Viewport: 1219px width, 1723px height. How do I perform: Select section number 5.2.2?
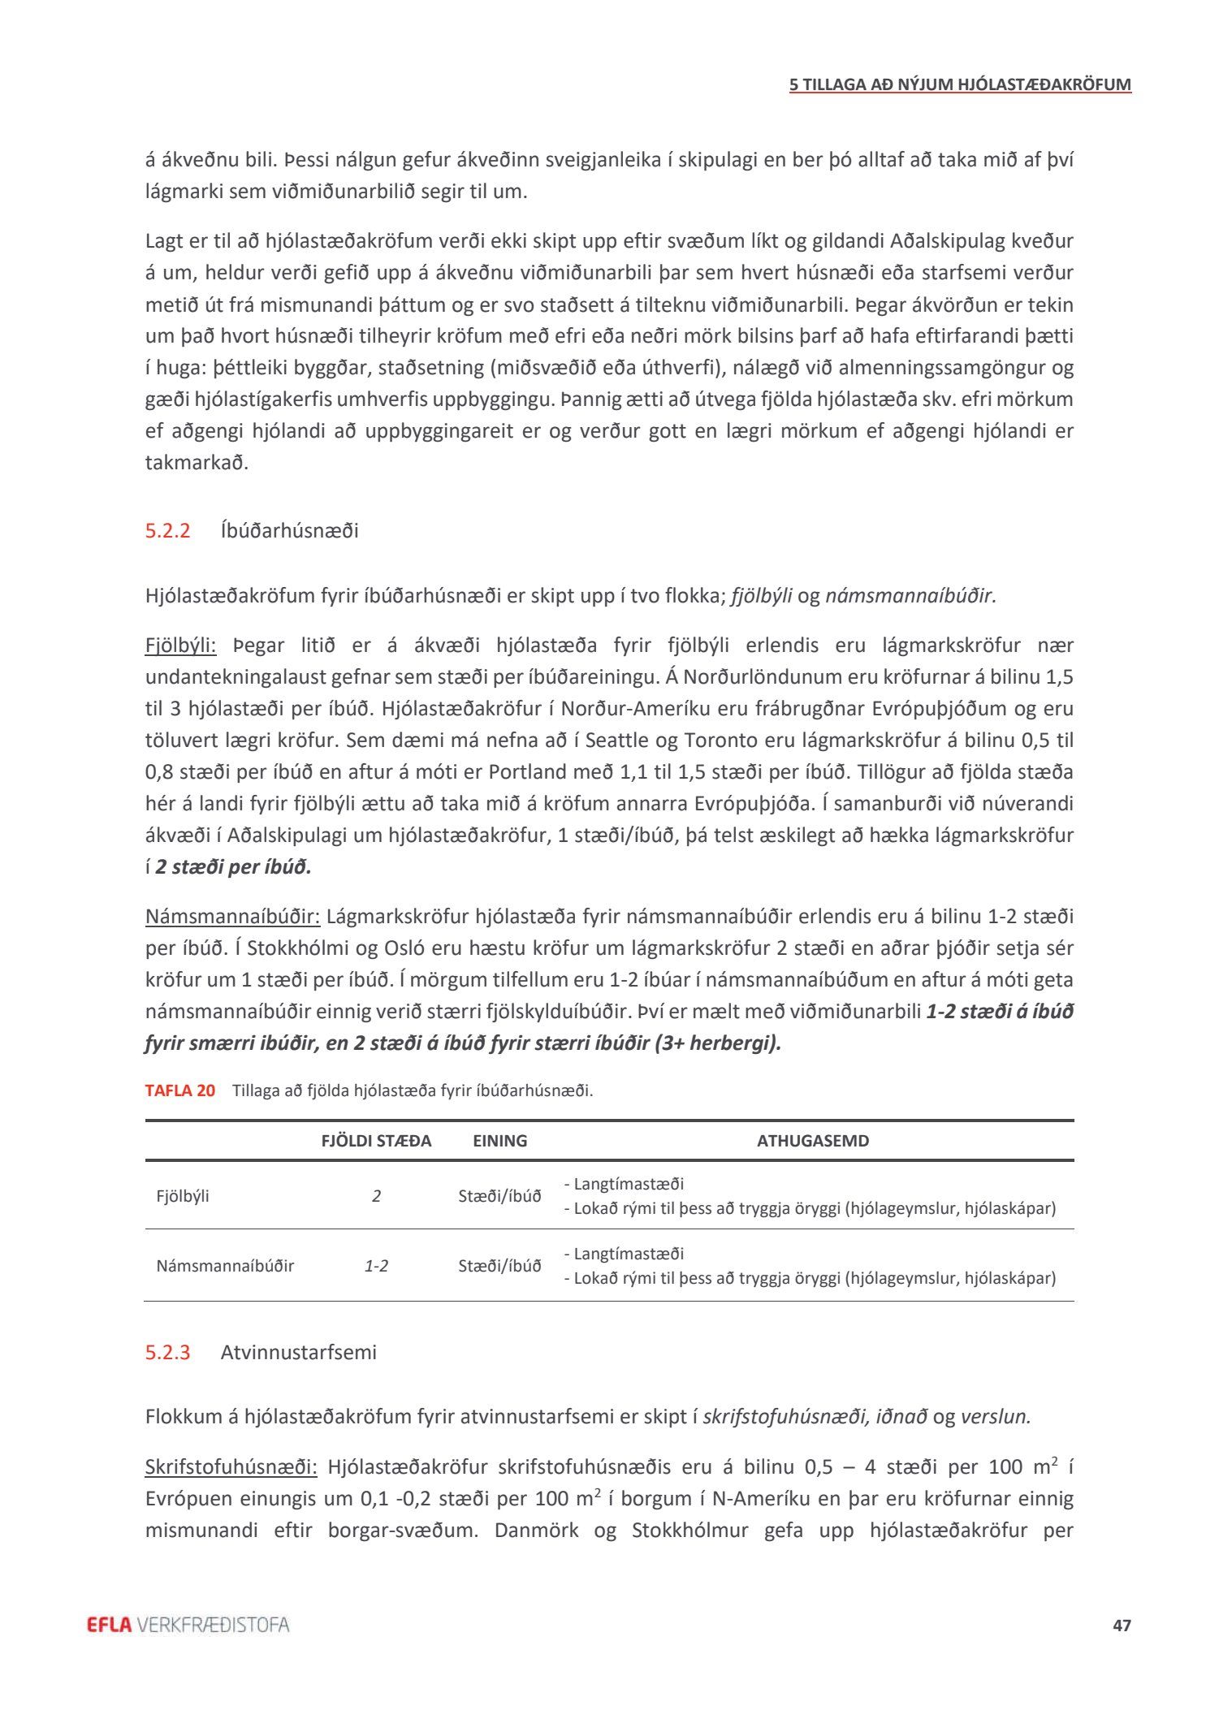click(x=167, y=531)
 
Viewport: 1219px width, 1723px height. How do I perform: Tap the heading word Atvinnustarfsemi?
click(x=298, y=1353)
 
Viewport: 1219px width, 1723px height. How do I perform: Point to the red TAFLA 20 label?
click(x=180, y=1090)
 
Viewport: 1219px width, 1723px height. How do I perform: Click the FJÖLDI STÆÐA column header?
click(x=376, y=1141)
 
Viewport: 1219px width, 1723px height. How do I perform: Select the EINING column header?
click(x=499, y=1141)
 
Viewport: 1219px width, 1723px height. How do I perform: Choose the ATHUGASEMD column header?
click(x=812, y=1141)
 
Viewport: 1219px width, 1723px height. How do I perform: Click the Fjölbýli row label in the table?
click(x=183, y=1196)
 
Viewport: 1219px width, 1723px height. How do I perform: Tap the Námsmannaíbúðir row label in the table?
click(x=225, y=1266)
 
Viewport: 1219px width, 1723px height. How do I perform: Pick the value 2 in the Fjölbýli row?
click(x=376, y=1196)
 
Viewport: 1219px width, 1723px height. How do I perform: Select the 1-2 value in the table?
click(x=376, y=1266)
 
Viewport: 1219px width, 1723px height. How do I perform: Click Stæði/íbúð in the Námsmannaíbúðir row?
click(x=499, y=1266)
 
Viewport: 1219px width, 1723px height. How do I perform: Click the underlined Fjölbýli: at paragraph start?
click(x=180, y=646)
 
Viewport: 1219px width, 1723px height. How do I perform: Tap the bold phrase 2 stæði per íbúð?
click(x=233, y=867)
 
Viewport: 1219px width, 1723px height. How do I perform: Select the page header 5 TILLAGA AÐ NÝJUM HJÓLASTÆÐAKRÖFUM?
click(x=960, y=84)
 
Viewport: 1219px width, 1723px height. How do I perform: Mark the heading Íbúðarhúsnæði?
click(x=289, y=531)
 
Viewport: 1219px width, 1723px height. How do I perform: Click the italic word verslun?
click(x=995, y=1417)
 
